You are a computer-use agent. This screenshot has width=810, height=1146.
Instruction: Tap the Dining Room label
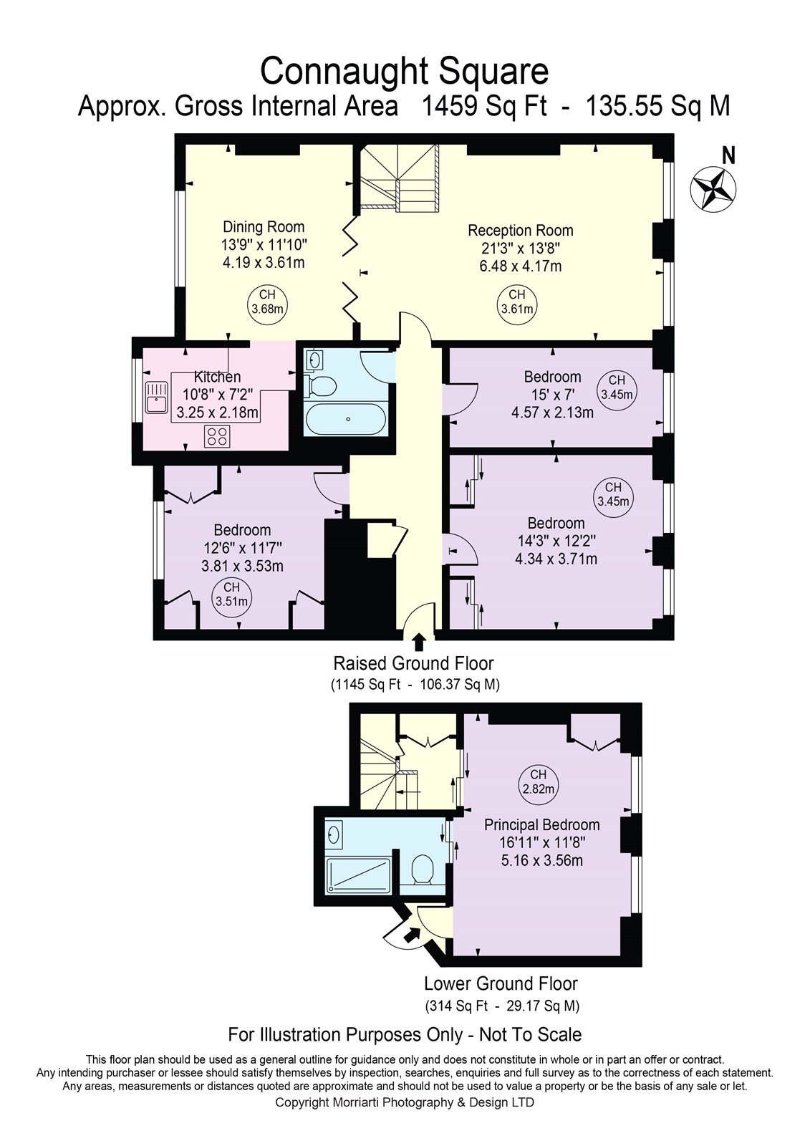[x=264, y=227]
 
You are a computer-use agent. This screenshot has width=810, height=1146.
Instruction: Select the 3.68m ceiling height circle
[x=267, y=302]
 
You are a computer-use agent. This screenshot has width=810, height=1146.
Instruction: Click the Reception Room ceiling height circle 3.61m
[x=516, y=302]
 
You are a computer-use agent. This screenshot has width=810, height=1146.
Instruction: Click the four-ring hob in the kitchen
[x=218, y=436]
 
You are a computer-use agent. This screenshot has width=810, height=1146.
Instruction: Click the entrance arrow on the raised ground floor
[x=419, y=641]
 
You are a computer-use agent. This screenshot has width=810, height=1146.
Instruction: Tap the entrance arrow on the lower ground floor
[x=412, y=934]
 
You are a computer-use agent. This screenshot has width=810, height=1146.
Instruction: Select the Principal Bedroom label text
[x=541, y=824]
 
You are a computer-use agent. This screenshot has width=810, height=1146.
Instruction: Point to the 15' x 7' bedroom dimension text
[x=551, y=395]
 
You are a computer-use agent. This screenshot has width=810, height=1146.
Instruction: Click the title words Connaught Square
[x=404, y=71]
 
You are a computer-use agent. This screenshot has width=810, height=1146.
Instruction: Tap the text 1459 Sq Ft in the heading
[x=483, y=107]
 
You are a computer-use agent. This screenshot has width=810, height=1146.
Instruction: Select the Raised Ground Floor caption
[x=414, y=663]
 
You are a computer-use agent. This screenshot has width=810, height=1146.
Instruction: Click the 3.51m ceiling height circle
[x=231, y=594]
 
